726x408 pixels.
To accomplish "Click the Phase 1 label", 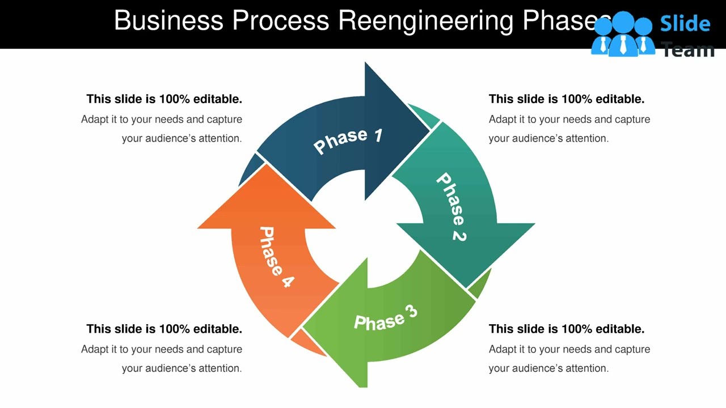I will (x=348, y=141).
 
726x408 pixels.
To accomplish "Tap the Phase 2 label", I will (x=451, y=207).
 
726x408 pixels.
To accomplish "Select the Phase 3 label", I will (x=386, y=318).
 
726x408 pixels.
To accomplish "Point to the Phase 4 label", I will (x=276, y=257).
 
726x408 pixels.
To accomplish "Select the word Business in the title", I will (x=168, y=21).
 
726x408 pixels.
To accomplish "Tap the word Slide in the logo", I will (x=685, y=23).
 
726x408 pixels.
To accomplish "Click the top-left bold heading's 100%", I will (x=174, y=99).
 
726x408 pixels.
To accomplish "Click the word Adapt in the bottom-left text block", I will (x=95, y=350).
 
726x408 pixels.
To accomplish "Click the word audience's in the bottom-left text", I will (x=167, y=368).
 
